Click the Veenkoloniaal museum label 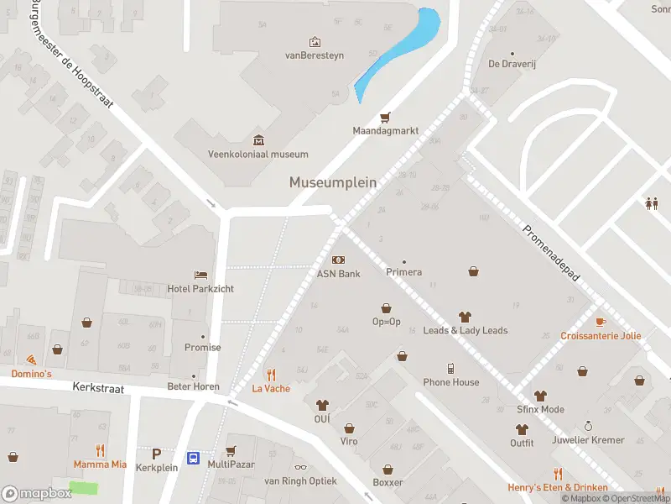(258, 154)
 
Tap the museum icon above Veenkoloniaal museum (258, 139)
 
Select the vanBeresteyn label (315, 55)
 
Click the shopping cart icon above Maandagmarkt (386, 117)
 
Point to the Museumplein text (333, 181)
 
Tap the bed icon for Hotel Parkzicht (200, 275)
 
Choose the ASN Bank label (338, 273)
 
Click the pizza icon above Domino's (31, 360)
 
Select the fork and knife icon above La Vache (271, 375)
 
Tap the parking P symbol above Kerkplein (156, 454)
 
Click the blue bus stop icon (194, 459)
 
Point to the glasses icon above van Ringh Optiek (300, 467)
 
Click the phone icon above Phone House (451, 368)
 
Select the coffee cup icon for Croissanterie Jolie (601, 322)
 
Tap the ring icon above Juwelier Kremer (588, 426)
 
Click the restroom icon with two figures (651, 202)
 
